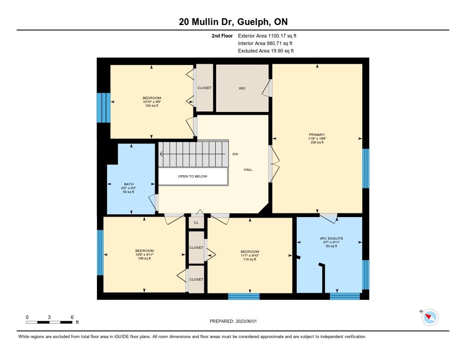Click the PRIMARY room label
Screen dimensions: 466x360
pos(317,135)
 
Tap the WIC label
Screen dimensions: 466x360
pos(242,88)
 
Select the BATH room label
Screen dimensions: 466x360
pos(129,184)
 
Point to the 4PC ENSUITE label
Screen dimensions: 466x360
pos(331,238)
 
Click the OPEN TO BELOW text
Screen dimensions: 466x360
pos(192,176)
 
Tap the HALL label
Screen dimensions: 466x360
pos(248,170)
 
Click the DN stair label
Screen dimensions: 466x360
pos(235,154)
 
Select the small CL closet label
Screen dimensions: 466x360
pos(196,223)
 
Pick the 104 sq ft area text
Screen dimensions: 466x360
pos(152,106)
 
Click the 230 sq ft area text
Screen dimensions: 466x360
pos(317,142)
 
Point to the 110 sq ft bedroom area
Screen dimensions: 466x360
pos(250,259)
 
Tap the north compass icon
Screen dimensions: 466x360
pos(430,317)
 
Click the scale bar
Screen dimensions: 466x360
pos(49,322)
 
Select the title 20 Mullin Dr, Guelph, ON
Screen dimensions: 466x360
pos(233,22)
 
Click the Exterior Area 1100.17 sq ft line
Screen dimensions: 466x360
pos(267,36)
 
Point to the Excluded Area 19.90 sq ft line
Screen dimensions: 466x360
pos(266,51)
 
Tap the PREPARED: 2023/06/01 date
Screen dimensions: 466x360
pos(233,321)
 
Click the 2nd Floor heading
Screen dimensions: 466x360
pos(222,36)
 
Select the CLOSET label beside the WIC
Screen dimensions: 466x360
pos(204,88)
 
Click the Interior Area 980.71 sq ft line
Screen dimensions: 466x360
pos(265,43)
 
